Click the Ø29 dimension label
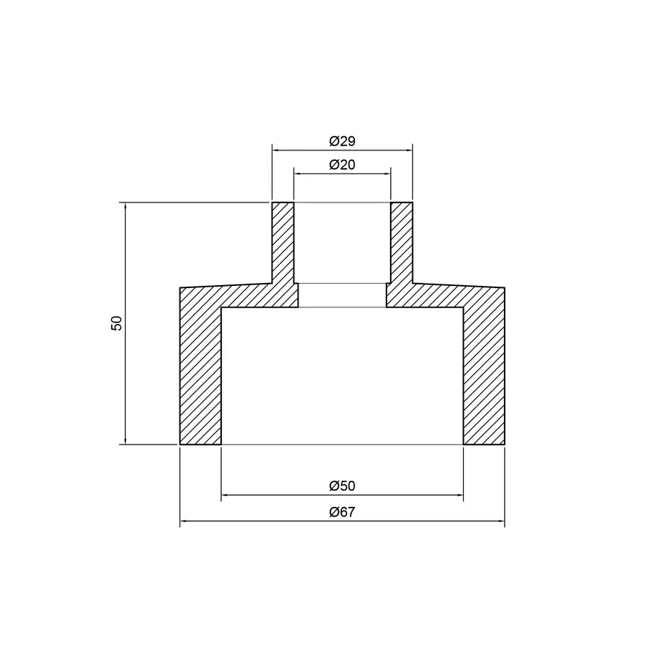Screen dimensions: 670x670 coord(342,141)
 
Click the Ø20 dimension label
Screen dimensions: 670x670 coord(342,165)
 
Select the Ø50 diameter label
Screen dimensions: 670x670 coord(342,486)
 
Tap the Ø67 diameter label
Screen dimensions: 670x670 coord(342,513)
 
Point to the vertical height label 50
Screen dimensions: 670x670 coord(116,323)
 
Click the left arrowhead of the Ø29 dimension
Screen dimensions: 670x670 coord(275,150)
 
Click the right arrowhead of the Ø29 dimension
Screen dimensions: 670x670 coord(410,150)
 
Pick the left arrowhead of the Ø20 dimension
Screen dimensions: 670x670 coord(297,173)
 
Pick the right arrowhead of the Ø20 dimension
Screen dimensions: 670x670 coord(388,173)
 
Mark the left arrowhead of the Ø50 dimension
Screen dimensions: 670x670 coord(224,495)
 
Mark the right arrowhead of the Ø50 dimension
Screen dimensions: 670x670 coord(461,495)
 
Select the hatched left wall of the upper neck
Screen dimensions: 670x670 coord(283,242)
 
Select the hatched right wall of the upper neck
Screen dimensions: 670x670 coord(402,242)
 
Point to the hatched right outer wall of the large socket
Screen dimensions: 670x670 coord(484,372)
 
